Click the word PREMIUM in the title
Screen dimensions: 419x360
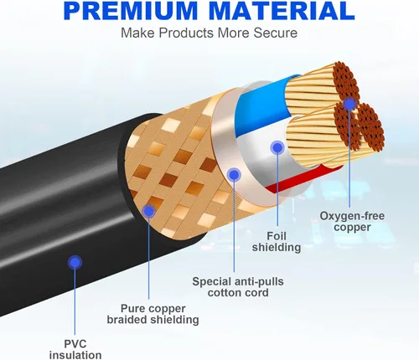tap(131, 11)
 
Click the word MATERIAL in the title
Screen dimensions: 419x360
tap(282, 11)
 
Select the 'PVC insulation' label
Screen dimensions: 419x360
tap(75, 349)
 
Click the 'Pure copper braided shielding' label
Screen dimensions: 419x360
tap(153, 314)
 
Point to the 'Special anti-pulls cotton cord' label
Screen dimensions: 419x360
tap(238, 287)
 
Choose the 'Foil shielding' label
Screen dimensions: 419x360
tap(277, 242)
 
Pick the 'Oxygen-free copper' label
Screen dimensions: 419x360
tap(352, 221)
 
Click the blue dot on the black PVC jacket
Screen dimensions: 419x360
tap(75, 262)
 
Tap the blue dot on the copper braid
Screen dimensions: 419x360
tap(149, 211)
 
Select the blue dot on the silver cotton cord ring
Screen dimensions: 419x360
tap(234, 175)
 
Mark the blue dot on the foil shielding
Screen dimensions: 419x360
tap(277, 147)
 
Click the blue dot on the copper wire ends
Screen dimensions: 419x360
tap(349, 104)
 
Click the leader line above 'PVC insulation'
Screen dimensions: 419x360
tap(75, 302)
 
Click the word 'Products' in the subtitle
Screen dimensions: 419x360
tap(186, 33)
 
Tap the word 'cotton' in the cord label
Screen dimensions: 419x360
tap(225, 293)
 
